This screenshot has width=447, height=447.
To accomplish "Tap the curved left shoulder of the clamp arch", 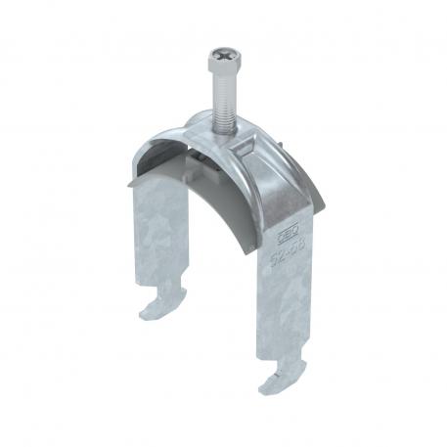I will coord(156,147).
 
